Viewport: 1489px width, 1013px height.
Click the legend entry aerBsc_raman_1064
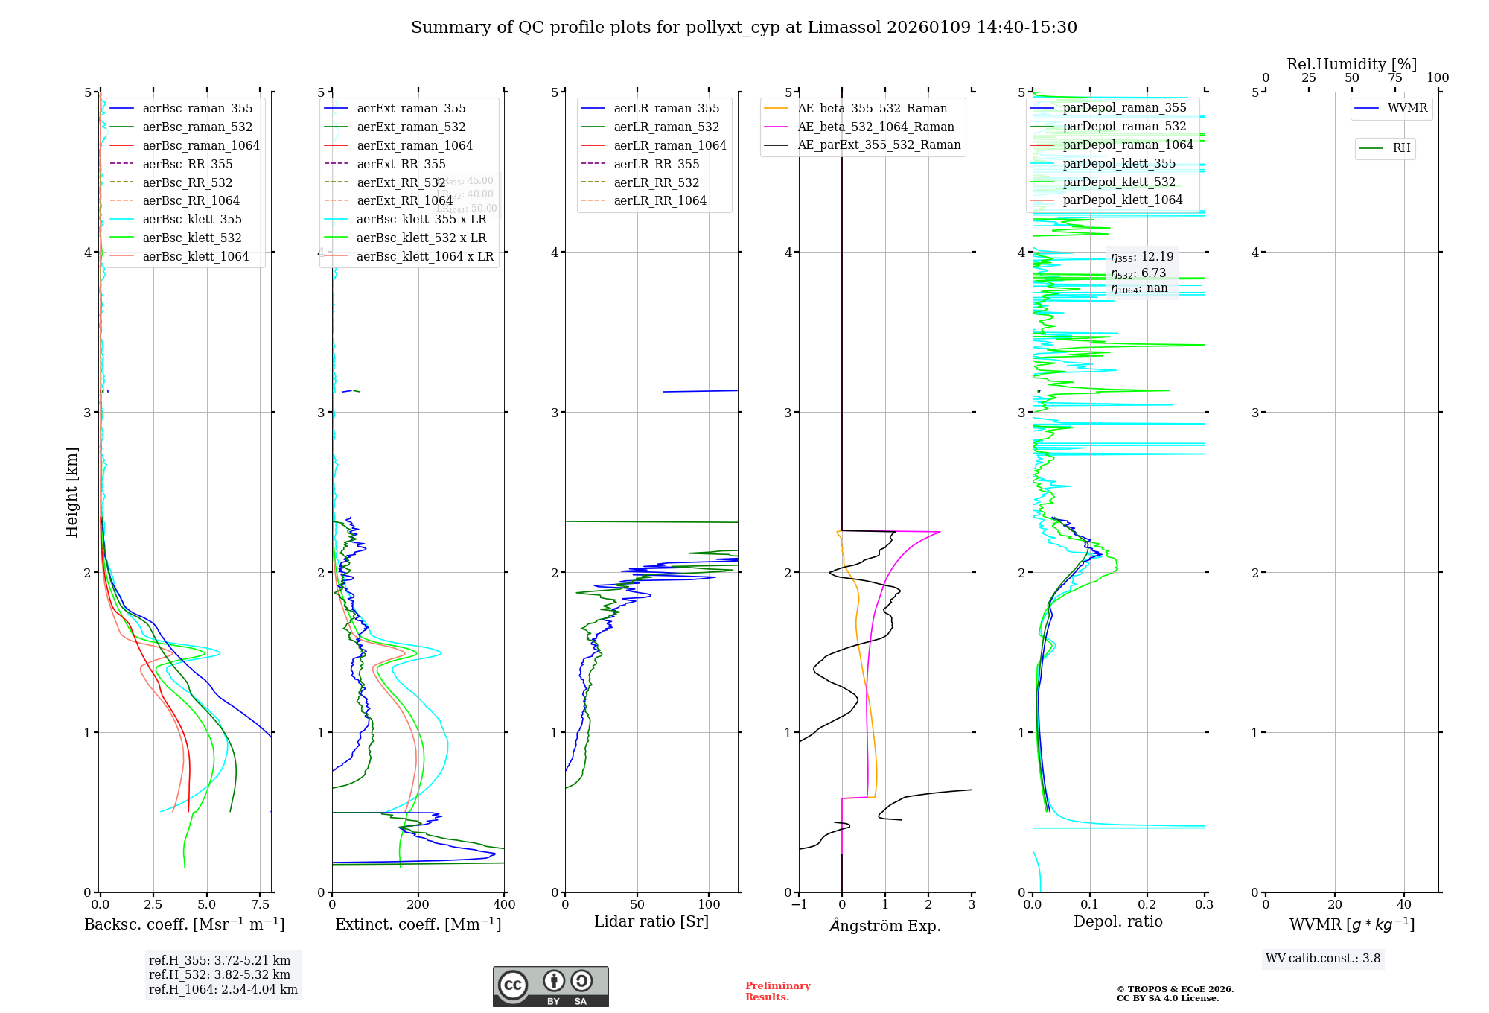tap(201, 145)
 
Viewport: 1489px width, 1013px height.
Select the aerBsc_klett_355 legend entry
tap(192, 219)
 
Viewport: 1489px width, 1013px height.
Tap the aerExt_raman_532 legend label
tap(411, 127)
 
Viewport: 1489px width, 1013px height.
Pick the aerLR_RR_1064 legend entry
tap(660, 200)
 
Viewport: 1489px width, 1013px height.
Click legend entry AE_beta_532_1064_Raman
tap(876, 127)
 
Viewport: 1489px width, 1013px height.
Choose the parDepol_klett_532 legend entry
tap(1119, 182)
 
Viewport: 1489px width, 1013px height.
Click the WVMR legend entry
tap(1407, 108)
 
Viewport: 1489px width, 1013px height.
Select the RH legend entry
tap(1401, 148)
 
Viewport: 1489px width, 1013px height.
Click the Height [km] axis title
tap(71, 492)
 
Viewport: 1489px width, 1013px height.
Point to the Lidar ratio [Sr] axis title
tap(651, 921)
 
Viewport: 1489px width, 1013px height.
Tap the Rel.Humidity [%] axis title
tap(1351, 64)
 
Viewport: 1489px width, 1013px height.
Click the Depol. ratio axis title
tap(1117, 921)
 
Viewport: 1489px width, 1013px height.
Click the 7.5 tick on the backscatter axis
tap(261, 905)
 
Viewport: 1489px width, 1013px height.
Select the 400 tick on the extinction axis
tap(504, 905)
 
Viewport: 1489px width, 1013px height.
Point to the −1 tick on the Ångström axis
tap(799, 905)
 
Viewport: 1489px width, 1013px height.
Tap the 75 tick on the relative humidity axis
tap(1394, 78)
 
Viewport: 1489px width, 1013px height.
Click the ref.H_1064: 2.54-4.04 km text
tap(223, 989)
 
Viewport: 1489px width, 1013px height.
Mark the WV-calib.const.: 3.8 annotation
tap(1323, 958)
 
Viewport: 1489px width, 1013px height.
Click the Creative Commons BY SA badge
tap(550, 986)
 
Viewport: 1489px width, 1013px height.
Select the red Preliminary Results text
tap(777, 991)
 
